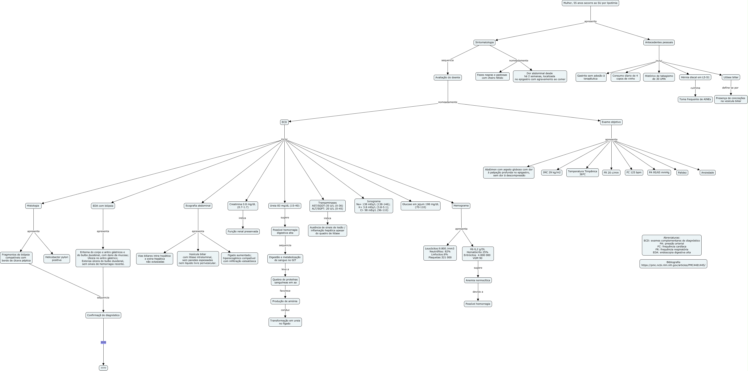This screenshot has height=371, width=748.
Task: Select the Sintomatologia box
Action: coord(484,42)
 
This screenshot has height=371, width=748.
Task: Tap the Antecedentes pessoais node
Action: coord(659,42)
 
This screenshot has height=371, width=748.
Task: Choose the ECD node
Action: coord(284,122)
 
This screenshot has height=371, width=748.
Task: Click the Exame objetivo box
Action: coord(611,122)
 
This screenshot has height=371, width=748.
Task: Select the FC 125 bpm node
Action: coord(634,173)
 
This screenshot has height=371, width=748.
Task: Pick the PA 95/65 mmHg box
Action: coord(659,173)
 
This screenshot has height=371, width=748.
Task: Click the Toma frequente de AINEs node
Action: coord(695,99)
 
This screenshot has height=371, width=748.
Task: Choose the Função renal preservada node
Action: coord(243,232)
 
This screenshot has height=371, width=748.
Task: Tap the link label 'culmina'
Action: coord(695,88)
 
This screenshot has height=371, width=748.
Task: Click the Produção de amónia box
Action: coord(285,301)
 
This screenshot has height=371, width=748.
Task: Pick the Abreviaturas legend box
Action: coord(672,245)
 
